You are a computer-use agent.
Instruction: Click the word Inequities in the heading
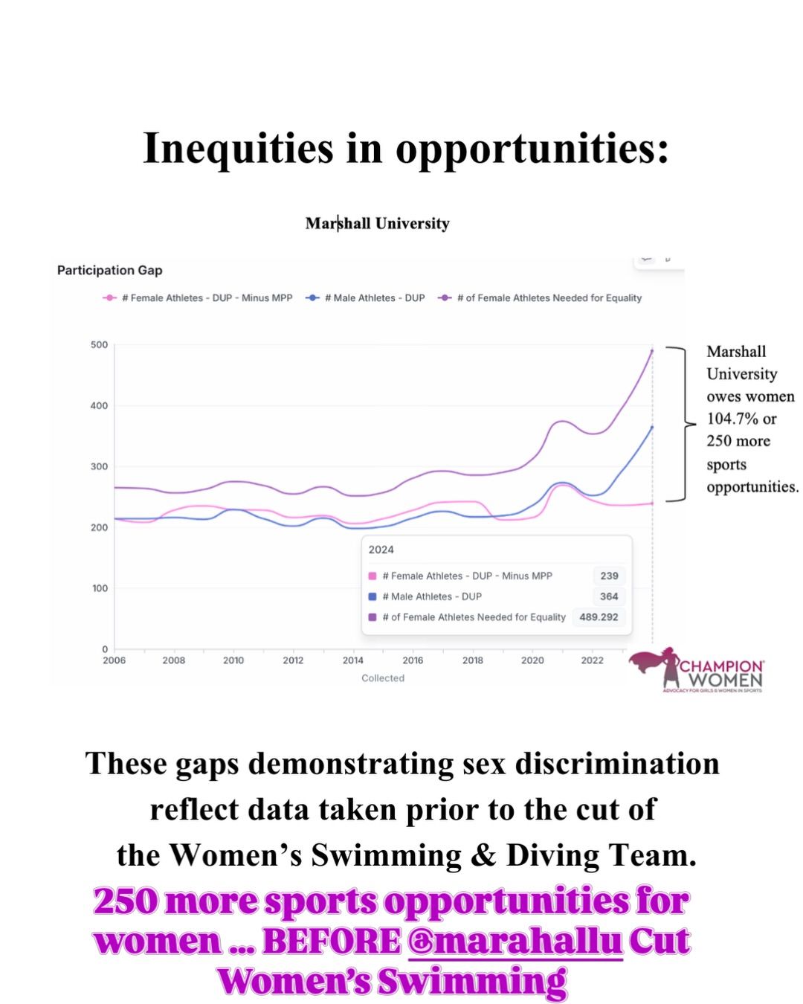pyautogui.click(x=238, y=148)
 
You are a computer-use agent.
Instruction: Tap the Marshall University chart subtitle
pyautogui.click(x=377, y=223)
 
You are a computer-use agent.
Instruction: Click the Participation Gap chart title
pyautogui.click(x=109, y=270)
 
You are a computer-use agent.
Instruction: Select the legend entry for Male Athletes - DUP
pyautogui.click(x=365, y=297)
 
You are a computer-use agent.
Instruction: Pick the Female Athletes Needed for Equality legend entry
pyautogui.click(x=539, y=297)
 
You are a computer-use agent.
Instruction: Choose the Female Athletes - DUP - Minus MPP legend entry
pyautogui.click(x=197, y=297)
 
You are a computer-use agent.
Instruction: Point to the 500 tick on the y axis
pyautogui.click(x=99, y=345)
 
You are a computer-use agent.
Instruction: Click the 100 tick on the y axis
pyautogui.click(x=100, y=588)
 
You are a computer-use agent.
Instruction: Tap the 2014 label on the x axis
pyautogui.click(x=352, y=660)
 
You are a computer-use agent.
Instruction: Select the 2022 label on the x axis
pyautogui.click(x=592, y=660)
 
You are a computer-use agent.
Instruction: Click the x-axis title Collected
pyautogui.click(x=383, y=678)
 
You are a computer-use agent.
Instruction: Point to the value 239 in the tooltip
pyautogui.click(x=609, y=576)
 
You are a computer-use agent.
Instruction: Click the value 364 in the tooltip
pyautogui.click(x=609, y=596)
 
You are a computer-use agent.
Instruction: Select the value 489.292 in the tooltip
pyautogui.click(x=599, y=617)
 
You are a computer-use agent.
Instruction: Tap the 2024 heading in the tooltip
pyautogui.click(x=381, y=550)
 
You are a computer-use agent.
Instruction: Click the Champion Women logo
pyautogui.click(x=696, y=670)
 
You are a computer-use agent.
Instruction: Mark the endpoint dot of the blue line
pyautogui.click(x=652, y=427)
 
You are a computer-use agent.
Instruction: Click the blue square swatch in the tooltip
pyautogui.click(x=373, y=596)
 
